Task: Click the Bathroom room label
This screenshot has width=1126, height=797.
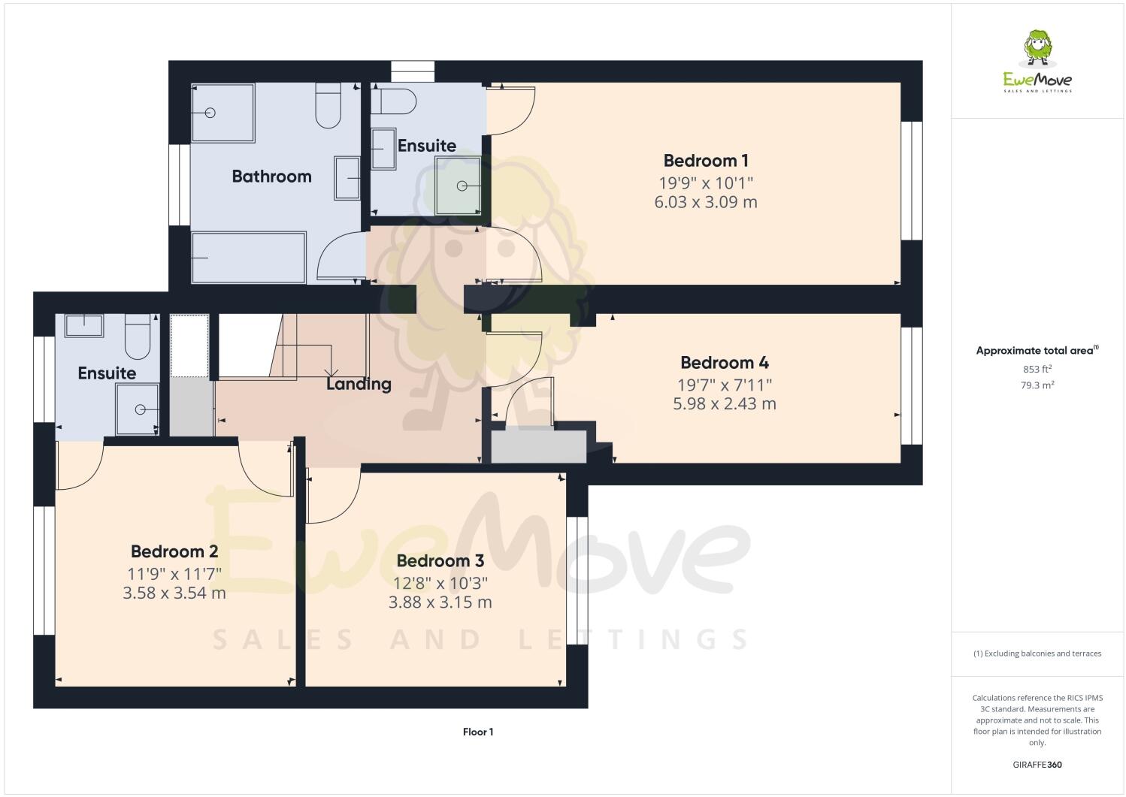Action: click(x=271, y=177)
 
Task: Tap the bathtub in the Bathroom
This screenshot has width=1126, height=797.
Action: click(x=249, y=258)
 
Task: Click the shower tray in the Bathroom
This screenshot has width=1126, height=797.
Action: click(x=223, y=113)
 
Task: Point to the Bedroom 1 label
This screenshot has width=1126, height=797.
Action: click(x=705, y=161)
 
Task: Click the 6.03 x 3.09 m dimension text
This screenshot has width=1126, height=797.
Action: click(x=705, y=202)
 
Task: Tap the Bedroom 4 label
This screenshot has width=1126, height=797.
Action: click(x=724, y=363)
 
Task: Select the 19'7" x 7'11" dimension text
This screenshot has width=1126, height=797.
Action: click(x=724, y=385)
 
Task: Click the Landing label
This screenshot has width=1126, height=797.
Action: click(x=359, y=384)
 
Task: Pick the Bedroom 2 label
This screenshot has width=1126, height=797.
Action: click(x=174, y=551)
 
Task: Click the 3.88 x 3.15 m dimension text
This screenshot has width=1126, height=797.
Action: click(x=440, y=602)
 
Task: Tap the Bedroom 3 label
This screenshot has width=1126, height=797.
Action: click(x=440, y=561)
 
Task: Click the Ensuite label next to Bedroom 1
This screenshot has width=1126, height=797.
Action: click(x=426, y=146)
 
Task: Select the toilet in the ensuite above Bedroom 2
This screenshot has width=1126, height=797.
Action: click(x=138, y=337)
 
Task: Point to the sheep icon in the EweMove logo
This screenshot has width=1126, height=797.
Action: click(x=1038, y=47)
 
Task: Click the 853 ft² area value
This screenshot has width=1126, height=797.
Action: click(x=1037, y=370)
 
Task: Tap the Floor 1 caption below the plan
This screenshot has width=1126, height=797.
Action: click(x=478, y=732)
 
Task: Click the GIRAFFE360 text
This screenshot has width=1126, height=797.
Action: click(x=1037, y=765)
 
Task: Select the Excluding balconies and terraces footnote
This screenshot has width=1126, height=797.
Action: click(x=1037, y=654)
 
